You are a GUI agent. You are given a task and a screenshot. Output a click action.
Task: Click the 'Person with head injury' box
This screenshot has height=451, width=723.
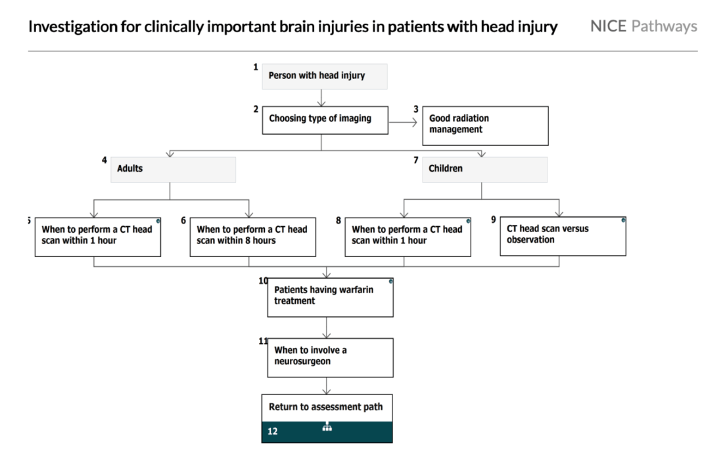325,76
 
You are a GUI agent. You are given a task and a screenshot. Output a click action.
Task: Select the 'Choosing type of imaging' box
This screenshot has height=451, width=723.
325,120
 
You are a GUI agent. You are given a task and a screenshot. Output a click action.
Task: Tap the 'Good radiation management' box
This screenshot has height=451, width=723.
484,125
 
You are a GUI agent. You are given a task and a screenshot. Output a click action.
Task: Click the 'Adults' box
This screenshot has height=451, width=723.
172,169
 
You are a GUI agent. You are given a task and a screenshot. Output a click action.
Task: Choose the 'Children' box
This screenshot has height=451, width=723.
484,169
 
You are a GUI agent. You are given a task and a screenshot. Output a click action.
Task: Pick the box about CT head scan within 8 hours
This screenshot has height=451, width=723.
252,235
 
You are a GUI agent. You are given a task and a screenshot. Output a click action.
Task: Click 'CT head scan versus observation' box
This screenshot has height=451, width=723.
563,235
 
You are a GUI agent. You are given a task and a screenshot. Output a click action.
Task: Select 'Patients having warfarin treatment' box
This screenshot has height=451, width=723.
330,297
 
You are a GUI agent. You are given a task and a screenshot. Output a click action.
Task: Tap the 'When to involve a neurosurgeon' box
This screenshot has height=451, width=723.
330,357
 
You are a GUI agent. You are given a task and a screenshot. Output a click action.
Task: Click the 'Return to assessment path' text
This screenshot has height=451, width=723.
325,407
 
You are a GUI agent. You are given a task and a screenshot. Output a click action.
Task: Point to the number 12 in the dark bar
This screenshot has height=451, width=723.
273,432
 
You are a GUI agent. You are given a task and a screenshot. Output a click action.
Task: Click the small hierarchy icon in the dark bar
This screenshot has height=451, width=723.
327,428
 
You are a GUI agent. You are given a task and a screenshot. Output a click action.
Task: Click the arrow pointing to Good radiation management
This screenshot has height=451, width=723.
413,122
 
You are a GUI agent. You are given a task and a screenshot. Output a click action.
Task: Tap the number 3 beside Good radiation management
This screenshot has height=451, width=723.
415,109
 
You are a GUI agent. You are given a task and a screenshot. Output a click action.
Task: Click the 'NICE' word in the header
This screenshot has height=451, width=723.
608,26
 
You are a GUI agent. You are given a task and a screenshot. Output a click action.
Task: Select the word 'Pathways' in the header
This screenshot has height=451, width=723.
665,26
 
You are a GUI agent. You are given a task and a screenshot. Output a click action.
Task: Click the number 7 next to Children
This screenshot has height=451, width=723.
415,160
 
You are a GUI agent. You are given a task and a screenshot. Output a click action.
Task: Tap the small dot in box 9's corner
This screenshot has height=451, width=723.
623,220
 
